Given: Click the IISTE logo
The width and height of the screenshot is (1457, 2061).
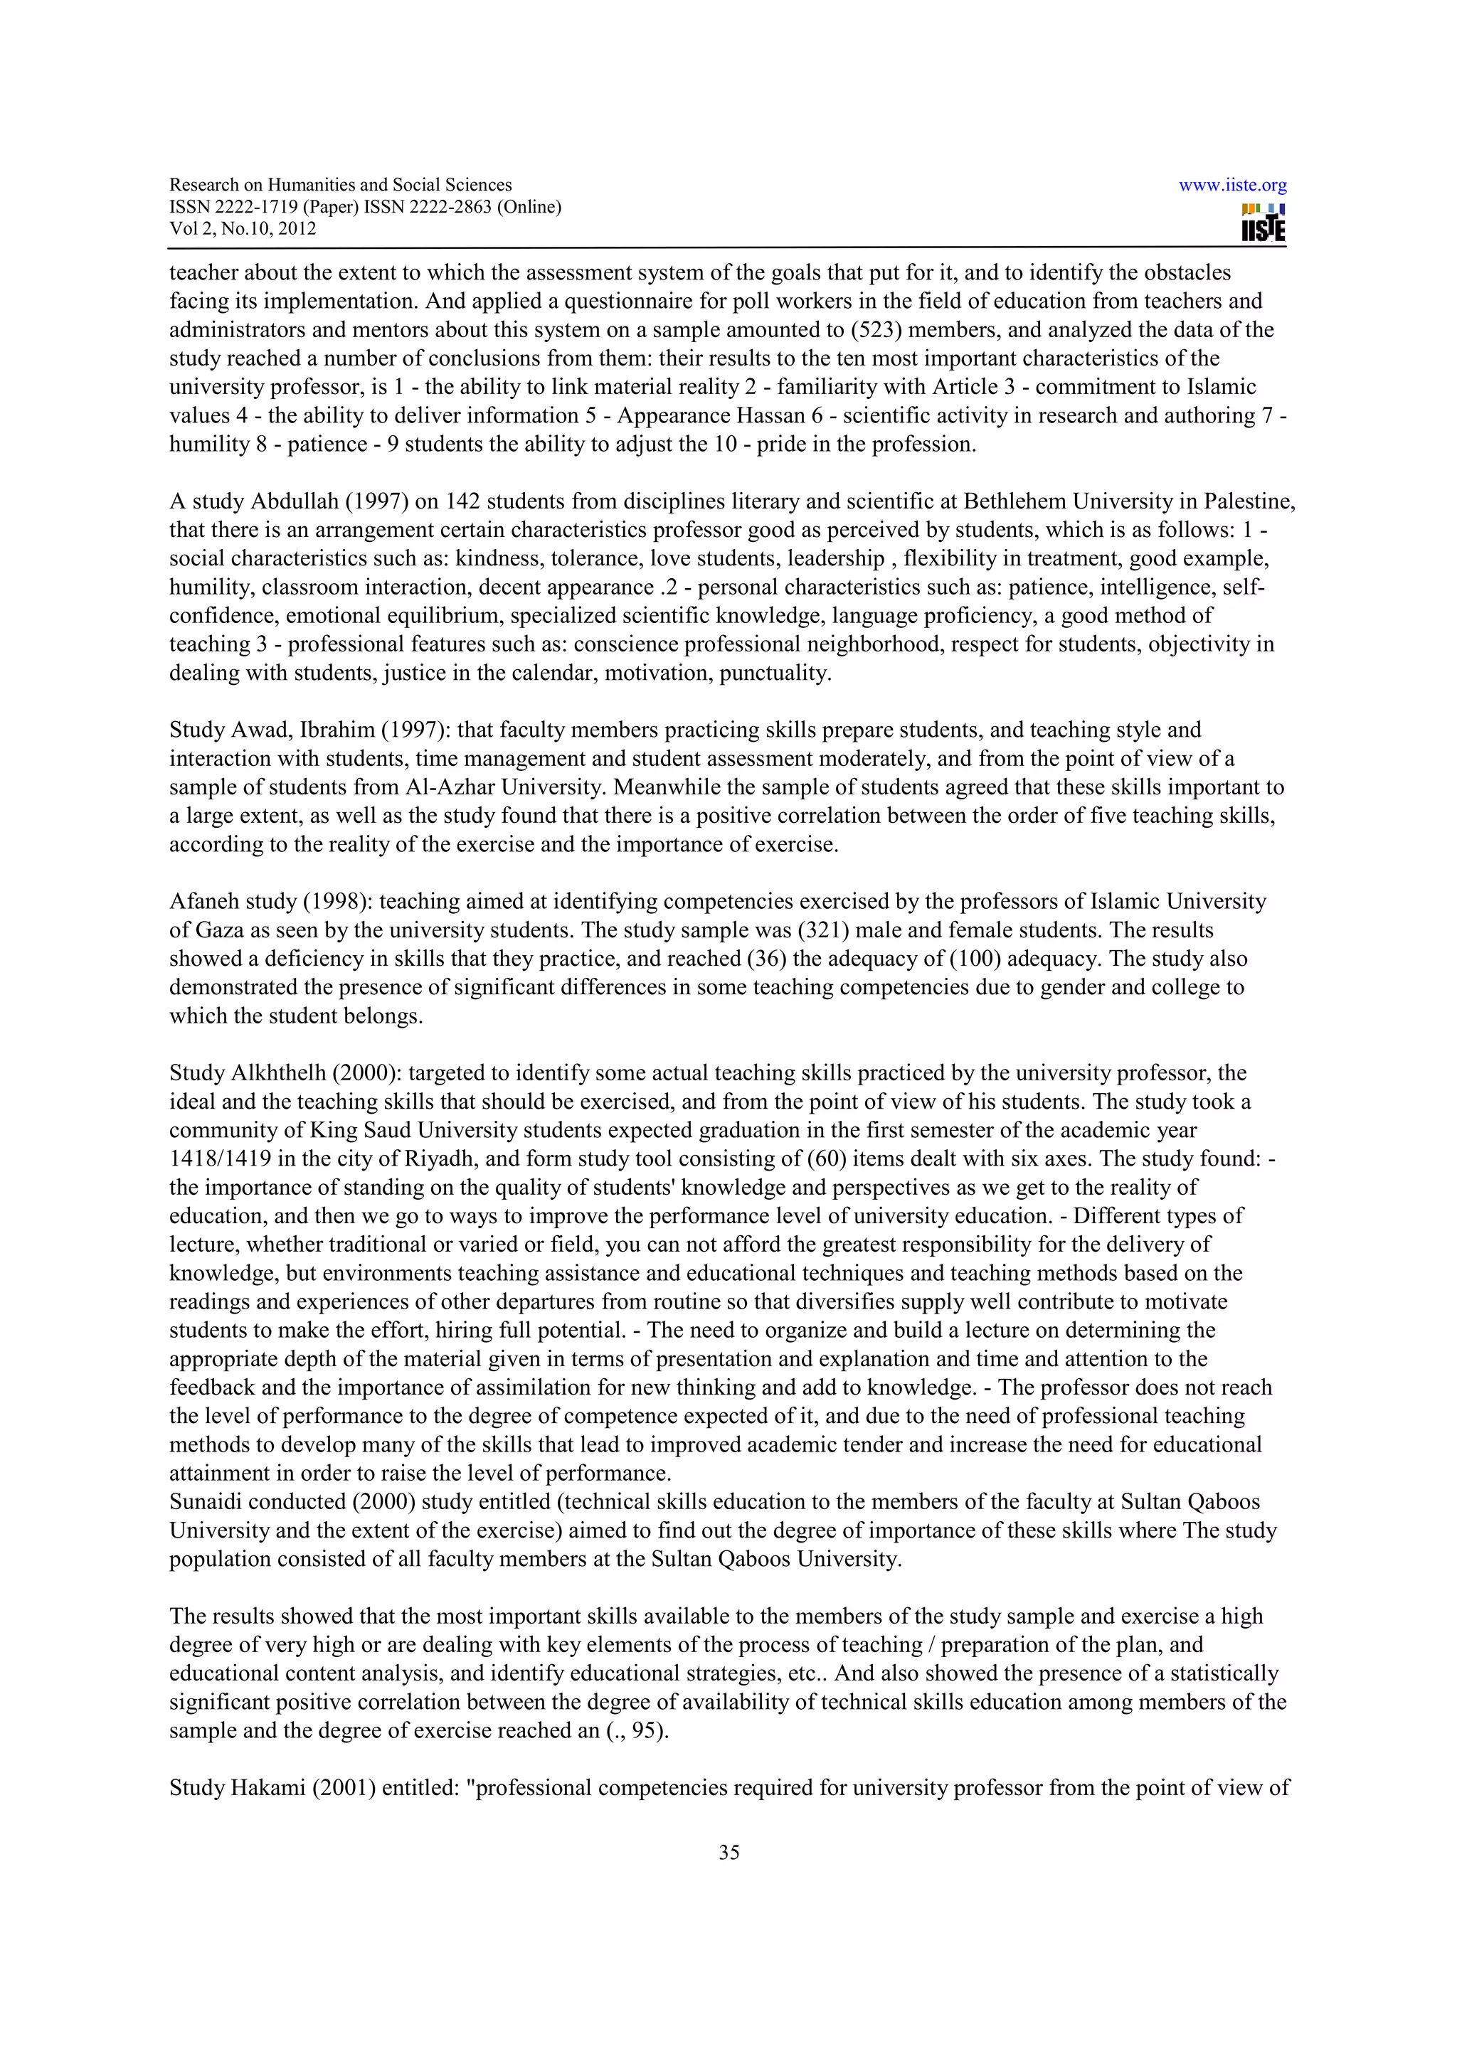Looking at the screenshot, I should pyautogui.click(x=1262, y=223).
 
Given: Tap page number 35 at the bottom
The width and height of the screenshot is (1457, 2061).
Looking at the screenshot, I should pyautogui.click(x=728, y=1852).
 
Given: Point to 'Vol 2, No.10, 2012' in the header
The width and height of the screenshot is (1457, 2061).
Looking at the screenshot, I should pyautogui.click(x=243, y=228).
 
